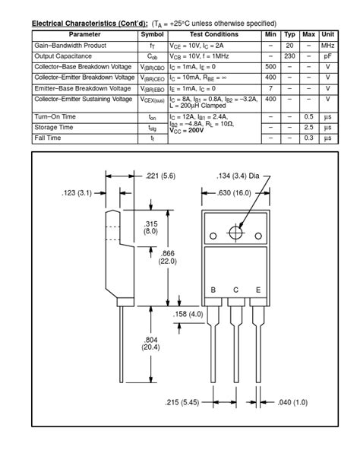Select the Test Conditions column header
pos(213,35)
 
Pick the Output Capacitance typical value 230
pos(289,56)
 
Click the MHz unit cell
pos(328,46)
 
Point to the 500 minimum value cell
pos(270,67)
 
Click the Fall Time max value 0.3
pos(308,138)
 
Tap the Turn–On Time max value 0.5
pos(308,117)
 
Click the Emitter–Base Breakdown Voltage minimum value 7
pos(270,88)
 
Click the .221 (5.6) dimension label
pos(160,176)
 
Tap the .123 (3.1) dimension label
pos(77,193)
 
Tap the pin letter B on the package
pos(214,290)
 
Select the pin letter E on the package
pos(258,290)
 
